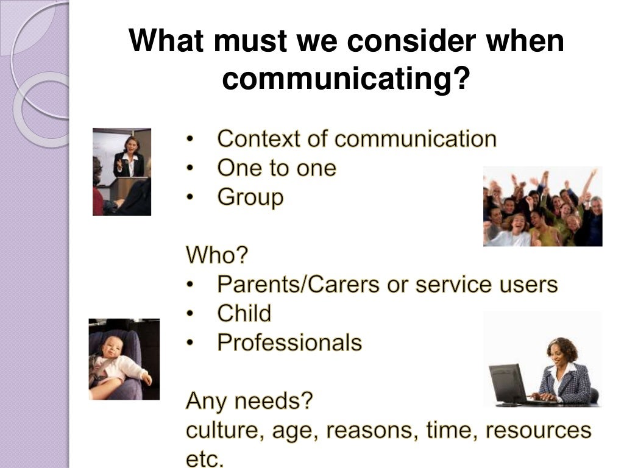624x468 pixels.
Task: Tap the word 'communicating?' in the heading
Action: point(347,80)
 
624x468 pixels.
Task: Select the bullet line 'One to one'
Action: point(276,168)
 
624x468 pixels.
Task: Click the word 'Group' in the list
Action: point(250,198)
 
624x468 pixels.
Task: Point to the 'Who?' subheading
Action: point(217,255)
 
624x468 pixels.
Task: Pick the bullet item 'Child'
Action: point(244,314)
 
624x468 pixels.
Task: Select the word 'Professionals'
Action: point(289,343)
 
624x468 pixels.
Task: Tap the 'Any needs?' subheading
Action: point(249,401)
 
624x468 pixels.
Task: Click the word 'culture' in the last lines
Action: point(221,431)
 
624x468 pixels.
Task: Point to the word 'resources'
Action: point(539,431)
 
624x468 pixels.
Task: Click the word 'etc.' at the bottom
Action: point(205,459)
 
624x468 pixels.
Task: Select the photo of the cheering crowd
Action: point(542,206)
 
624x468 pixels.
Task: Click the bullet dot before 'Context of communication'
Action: point(190,140)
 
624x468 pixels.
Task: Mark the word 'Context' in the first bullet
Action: point(258,139)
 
